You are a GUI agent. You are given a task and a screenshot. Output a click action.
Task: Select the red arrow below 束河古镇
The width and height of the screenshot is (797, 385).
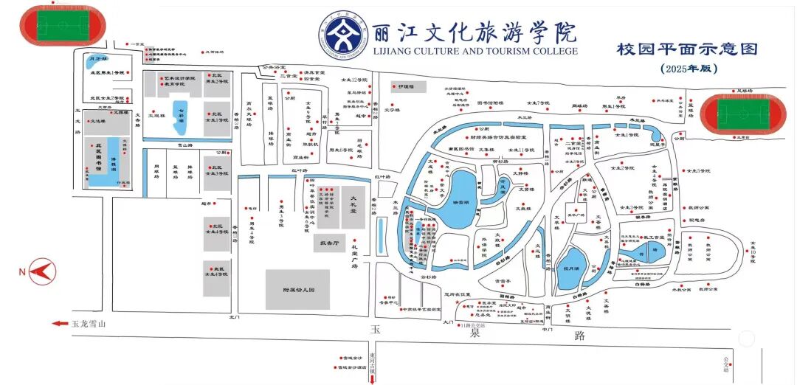pos(372,378)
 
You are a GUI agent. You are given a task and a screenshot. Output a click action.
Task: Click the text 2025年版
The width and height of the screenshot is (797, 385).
pos(689,69)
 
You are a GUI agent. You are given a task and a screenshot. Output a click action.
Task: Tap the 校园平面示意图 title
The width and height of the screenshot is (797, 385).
pos(688,49)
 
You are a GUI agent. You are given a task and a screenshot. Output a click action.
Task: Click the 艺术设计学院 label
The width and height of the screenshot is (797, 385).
pos(179,77)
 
